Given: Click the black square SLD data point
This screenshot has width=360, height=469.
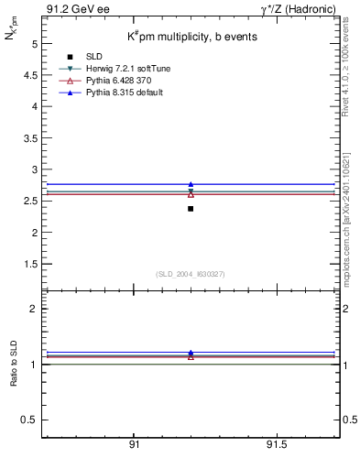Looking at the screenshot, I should click(191, 209).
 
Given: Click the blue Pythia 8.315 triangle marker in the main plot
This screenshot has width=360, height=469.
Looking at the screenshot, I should click(191, 185).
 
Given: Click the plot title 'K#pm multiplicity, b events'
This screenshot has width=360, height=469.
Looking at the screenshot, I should click(191, 37).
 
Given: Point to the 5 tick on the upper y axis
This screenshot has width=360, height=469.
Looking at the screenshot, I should click(33, 43).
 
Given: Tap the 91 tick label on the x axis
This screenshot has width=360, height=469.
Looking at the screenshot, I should click(134, 444).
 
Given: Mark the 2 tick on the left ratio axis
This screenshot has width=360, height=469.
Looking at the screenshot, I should click(33, 309).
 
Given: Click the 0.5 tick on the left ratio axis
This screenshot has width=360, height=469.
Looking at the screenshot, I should click(29, 420).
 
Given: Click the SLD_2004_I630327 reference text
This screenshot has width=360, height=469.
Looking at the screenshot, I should click(191, 273).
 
